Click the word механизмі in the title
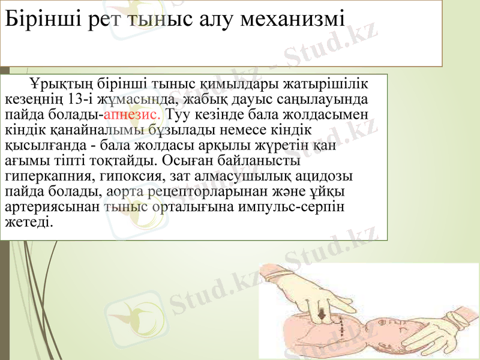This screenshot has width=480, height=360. pos(292,19)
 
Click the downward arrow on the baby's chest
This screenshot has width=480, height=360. pos(323,313)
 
